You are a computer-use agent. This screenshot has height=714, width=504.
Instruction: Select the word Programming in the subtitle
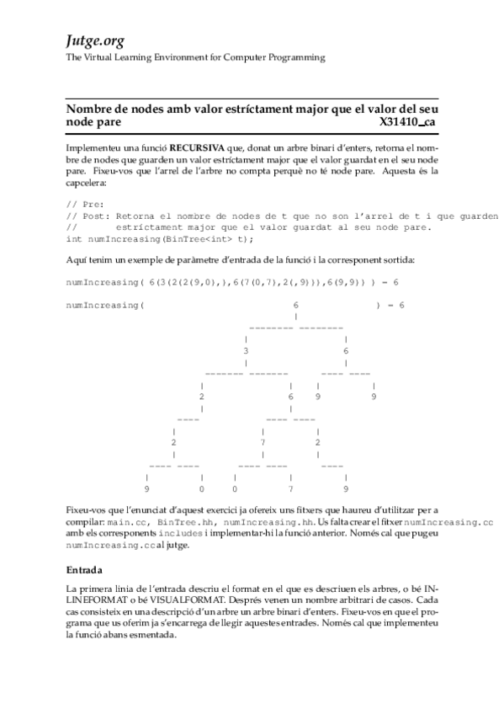(299, 57)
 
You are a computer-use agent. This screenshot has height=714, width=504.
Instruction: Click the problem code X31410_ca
(408, 122)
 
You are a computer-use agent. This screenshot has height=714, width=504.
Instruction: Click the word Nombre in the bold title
(88, 109)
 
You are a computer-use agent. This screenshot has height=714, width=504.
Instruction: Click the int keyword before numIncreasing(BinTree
(74, 237)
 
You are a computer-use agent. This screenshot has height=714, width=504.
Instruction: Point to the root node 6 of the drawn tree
(295, 305)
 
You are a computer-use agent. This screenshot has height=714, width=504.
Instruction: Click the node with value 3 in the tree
(246, 350)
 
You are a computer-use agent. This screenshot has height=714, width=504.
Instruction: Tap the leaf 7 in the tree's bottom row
(290, 488)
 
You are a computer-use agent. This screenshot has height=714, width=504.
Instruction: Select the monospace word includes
(178, 534)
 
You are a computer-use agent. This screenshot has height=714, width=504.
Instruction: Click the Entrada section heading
(84, 569)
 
